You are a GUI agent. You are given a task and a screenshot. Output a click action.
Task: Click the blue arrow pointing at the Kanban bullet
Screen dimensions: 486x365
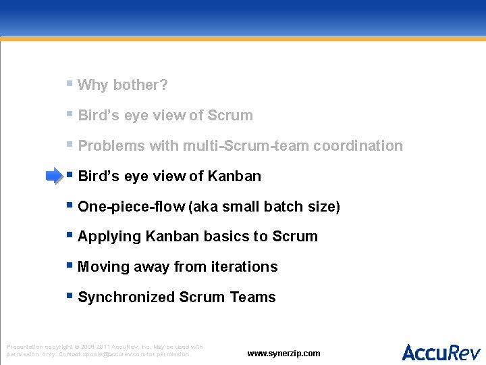[x=53, y=176]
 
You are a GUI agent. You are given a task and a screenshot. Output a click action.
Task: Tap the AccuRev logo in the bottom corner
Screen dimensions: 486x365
[x=441, y=352]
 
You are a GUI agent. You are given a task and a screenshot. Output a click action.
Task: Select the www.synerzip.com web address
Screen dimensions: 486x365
[x=283, y=354]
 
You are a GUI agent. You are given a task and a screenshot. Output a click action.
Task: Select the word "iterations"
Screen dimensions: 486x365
[x=244, y=267]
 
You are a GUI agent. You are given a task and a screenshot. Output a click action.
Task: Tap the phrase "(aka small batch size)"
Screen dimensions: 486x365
[x=265, y=207]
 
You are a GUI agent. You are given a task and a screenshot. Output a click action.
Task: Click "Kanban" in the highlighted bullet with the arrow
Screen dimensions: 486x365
[x=234, y=176]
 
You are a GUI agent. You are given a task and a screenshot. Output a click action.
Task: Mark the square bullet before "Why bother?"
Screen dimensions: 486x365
[x=70, y=84]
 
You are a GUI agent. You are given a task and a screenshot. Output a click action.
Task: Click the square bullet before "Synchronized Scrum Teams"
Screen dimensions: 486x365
[x=70, y=296]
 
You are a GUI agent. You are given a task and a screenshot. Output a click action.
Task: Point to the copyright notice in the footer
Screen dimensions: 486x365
[x=105, y=350]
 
